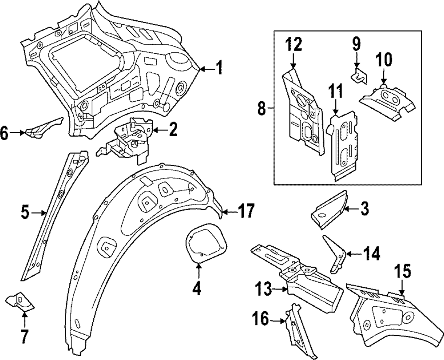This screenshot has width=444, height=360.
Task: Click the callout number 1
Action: pos(218,68)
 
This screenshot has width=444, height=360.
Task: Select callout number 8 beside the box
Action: pos(262,108)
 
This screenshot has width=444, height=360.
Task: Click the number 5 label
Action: pos(25,212)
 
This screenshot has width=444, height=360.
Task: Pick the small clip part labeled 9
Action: pos(359,76)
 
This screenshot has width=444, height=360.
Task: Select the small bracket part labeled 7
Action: pos(19,302)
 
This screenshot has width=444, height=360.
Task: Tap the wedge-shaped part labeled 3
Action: pos(329,210)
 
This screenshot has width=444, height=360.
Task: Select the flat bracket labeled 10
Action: pos(387,101)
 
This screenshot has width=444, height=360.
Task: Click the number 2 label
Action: pos(172,130)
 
